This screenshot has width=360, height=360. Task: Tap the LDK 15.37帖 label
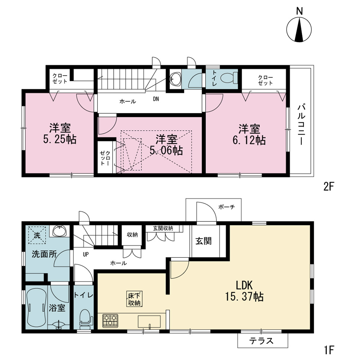244,291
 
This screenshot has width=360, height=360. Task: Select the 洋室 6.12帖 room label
249,135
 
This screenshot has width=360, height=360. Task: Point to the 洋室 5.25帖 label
60,134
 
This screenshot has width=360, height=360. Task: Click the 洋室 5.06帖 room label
166,145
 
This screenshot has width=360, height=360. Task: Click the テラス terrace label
261,341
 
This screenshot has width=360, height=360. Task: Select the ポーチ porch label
226,207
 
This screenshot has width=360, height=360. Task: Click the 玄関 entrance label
203,241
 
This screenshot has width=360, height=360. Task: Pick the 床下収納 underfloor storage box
134,299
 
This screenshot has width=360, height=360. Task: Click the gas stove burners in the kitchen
110,321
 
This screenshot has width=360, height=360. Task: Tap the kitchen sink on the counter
149,321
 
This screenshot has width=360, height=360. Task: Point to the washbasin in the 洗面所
60,231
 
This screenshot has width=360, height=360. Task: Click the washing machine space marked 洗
37,235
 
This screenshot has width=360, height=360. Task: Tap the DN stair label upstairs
156,99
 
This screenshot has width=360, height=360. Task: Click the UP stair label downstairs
86,255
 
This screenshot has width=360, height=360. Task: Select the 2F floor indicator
328,186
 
